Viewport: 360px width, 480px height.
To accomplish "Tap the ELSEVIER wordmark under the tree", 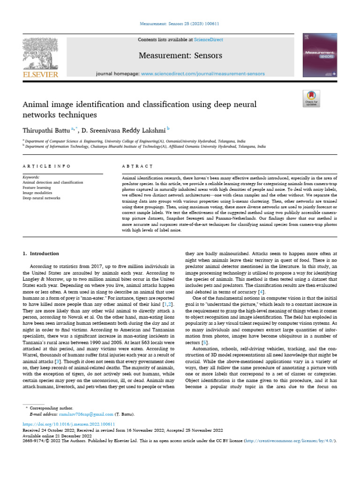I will click(x=40, y=75).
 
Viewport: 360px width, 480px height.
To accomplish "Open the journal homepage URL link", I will click(x=202, y=74).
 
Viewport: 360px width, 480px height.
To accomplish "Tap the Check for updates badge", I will click(x=311, y=98).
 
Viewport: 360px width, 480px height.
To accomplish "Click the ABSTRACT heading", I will click(x=137, y=166).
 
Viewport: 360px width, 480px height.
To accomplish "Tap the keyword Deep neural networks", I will click(x=41, y=198).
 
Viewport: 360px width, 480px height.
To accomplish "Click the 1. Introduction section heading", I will click(x=41, y=254).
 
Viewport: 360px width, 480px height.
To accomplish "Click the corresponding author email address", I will click(x=86, y=414).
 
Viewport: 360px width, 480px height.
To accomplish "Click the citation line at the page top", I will click(x=180, y=24).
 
